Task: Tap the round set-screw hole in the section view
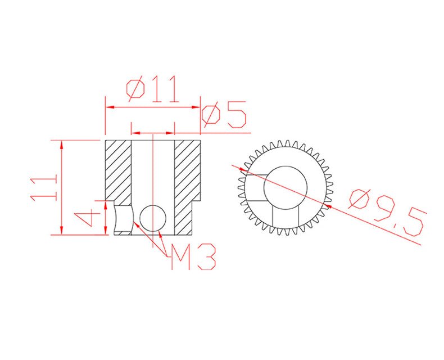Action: pos(153,218)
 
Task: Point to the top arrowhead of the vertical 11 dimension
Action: pos(61,143)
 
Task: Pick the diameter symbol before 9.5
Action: pos(360,200)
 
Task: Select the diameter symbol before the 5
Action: pos(211,115)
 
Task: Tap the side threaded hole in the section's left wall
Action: pos(123,219)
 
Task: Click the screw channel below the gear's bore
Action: pos(285,217)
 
